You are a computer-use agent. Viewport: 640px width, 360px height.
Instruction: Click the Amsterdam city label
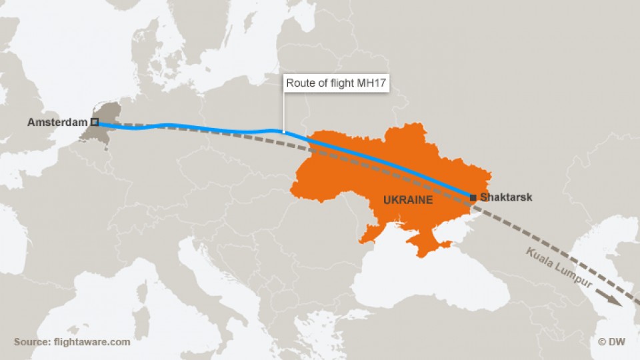[x=58, y=122]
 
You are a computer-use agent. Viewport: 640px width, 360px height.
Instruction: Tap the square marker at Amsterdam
[x=95, y=122]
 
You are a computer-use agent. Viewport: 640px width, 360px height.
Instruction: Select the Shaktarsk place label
[x=506, y=197]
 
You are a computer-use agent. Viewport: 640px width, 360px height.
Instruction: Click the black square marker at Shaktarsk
[x=473, y=197]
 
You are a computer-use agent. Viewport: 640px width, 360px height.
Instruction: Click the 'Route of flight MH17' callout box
[x=337, y=84]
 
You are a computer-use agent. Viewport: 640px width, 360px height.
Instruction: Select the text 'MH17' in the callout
[x=375, y=84]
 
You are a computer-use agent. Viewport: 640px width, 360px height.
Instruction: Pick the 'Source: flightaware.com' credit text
[x=72, y=342]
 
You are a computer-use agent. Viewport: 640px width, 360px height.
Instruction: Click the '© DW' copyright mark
[x=611, y=342]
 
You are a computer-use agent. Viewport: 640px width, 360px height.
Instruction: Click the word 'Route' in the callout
[x=300, y=84]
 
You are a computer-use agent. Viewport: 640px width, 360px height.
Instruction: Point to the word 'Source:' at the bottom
[x=31, y=342]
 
